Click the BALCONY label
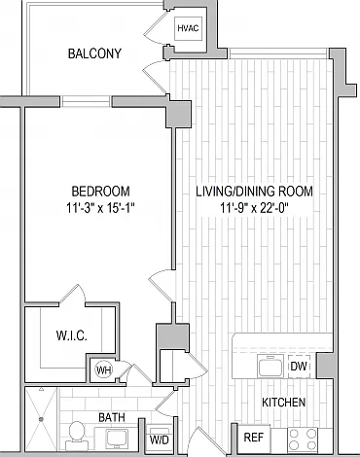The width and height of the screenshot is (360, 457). pos(94,53)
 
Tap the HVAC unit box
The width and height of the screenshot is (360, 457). pos(189,28)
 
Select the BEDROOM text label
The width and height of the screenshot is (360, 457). pos(100,192)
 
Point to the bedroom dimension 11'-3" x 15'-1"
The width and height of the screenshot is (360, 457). pos(100,208)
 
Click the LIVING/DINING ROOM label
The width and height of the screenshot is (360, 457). pos(255,192)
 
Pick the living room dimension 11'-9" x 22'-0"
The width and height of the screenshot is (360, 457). pos(255,208)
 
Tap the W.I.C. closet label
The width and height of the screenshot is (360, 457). pos(72,335)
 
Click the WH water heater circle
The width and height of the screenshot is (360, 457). pos(103,370)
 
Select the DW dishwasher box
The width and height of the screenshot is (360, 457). pos(299,367)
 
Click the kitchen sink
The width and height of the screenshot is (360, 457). pos(270,367)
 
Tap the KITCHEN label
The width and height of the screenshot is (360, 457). pos(284,403)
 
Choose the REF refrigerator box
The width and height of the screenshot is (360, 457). pos(254,439)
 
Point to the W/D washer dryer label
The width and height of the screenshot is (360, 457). pos(160,440)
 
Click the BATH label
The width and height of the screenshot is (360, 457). pos(112,417)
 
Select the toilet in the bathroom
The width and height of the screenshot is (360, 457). pos(77,436)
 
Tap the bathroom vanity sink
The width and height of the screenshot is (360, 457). pos(118,439)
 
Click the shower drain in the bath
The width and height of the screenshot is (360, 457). pos(41,419)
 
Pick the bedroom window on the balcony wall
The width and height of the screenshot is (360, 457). pos(86,101)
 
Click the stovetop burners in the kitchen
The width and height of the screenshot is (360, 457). pos(303,439)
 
